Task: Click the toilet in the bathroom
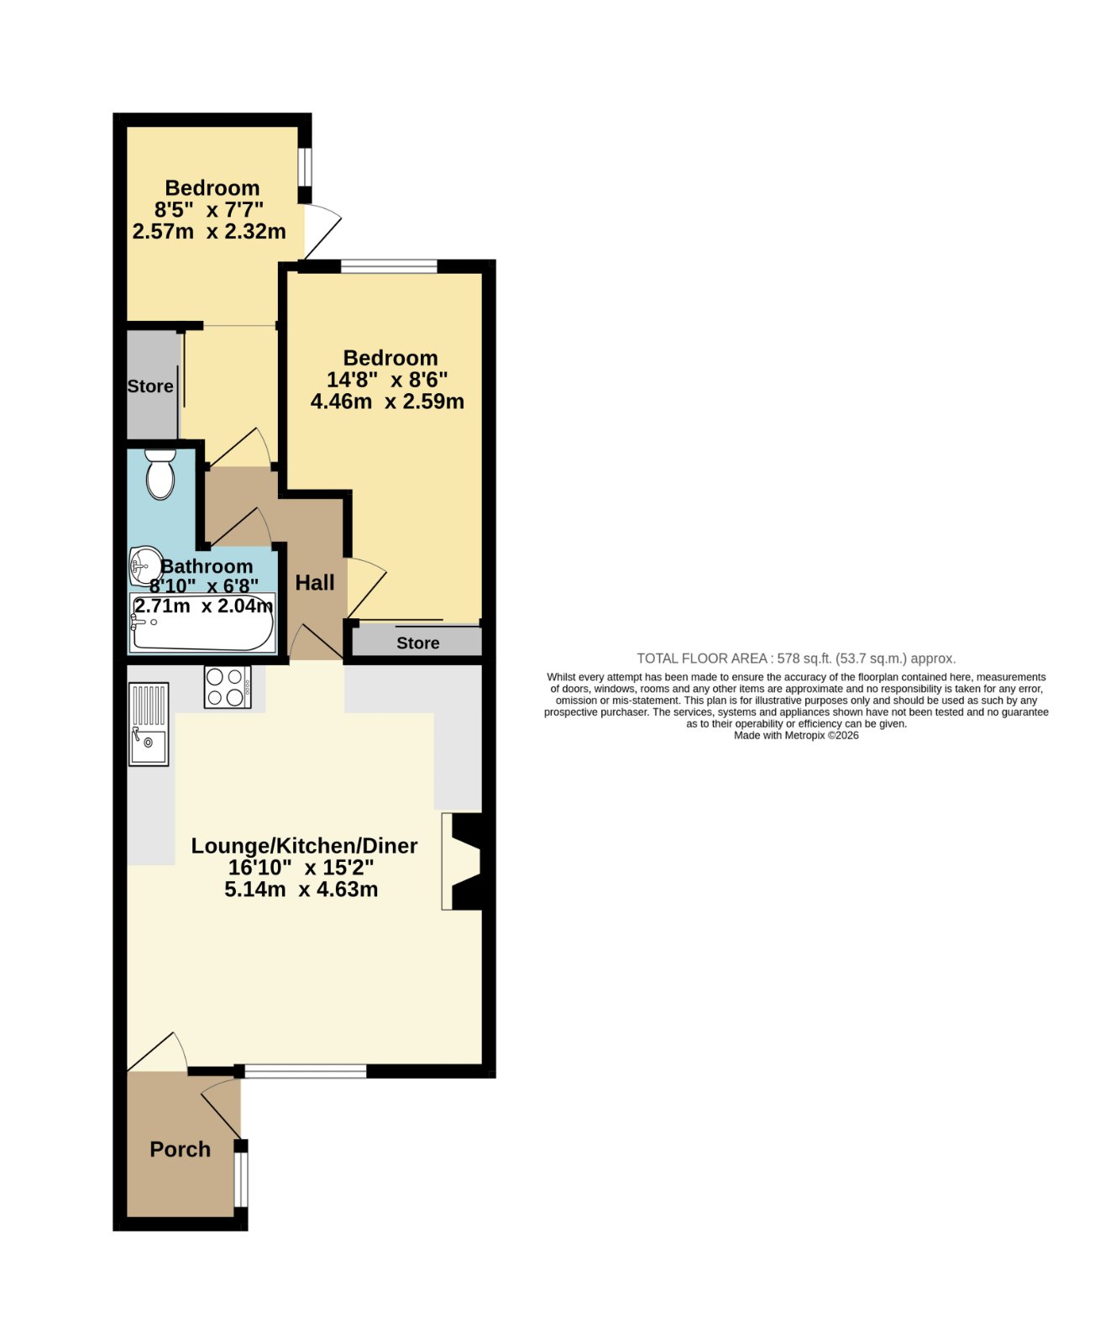coord(160,474)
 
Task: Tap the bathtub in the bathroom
coord(202,622)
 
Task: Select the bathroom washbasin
coord(144,564)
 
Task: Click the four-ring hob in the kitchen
coord(227,686)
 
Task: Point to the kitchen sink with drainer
coord(149,724)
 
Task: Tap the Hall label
coord(315,582)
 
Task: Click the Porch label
coord(180,1149)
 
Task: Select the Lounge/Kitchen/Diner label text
coord(304,846)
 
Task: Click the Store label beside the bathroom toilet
coord(150,386)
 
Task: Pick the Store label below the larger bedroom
coord(417,643)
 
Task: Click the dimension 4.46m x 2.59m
coord(387,402)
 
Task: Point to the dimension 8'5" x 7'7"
coord(209,209)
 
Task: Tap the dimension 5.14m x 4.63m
coord(301,889)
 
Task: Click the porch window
coord(241,1179)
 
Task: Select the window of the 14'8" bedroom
coord(389,265)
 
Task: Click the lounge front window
coord(306,1071)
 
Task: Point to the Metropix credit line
coord(796,735)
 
